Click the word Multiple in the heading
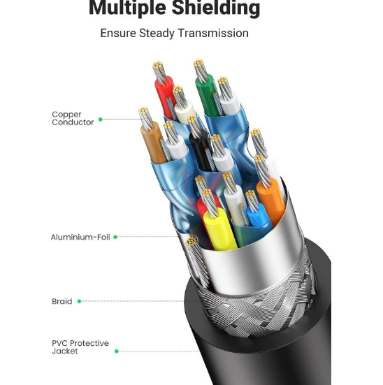pyautogui.click(x=127, y=8)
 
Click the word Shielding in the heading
pyautogui.click(x=216, y=8)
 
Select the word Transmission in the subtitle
pyautogui.click(x=213, y=33)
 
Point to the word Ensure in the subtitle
pyautogui.click(x=118, y=33)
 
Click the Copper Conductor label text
pyautogui.click(x=73, y=118)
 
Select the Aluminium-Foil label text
pyautogui.click(x=80, y=237)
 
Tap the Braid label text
pyautogui.click(x=62, y=301)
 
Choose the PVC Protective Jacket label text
pyautogui.click(x=80, y=347)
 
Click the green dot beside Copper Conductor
pyautogui.click(x=100, y=119)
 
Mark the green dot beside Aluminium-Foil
pyautogui.click(x=115, y=237)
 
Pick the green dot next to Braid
pyautogui.click(x=79, y=301)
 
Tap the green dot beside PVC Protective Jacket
pyautogui.click(x=117, y=351)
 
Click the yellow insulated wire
pyautogui.click(x=220, y=229)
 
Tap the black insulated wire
pyautogui.click(x=199, y=150)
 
